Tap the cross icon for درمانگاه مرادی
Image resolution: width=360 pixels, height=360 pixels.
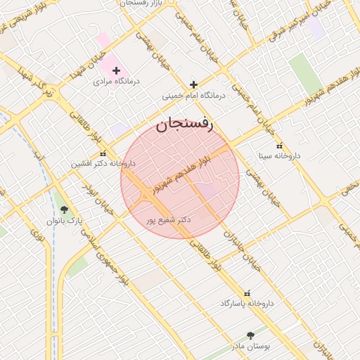click(x=117, y=70)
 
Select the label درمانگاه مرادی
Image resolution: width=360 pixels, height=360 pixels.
click(x=117, y=82)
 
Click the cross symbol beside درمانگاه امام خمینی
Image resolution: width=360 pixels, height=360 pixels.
click(x=193, y=84)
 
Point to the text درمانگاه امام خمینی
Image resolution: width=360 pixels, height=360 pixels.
click(x=193, y=95)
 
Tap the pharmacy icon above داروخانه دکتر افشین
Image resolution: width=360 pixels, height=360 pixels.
click(x=103, y=153)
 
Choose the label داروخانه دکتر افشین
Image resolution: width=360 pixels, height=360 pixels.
click(x=102, y=164)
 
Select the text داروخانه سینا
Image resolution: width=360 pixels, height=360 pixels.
click(x=279, y=155)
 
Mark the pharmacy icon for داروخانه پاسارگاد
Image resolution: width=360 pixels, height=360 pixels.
click(x=246, y=292)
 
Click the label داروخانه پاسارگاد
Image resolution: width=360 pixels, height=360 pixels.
click(x=246, y=303)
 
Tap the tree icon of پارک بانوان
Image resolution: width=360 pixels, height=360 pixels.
click(x=65, y=210)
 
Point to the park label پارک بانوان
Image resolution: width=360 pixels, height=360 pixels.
click(x=65, y=220)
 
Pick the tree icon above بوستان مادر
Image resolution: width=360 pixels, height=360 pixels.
click(x=251, y=336)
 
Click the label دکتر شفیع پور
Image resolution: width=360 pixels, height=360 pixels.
click(x=169, y=220)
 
